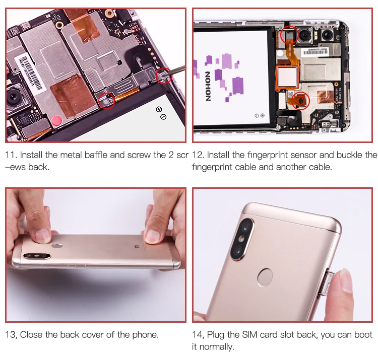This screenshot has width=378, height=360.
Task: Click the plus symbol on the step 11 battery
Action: pos(159,109)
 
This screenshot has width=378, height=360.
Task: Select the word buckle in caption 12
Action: pos(350,155)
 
